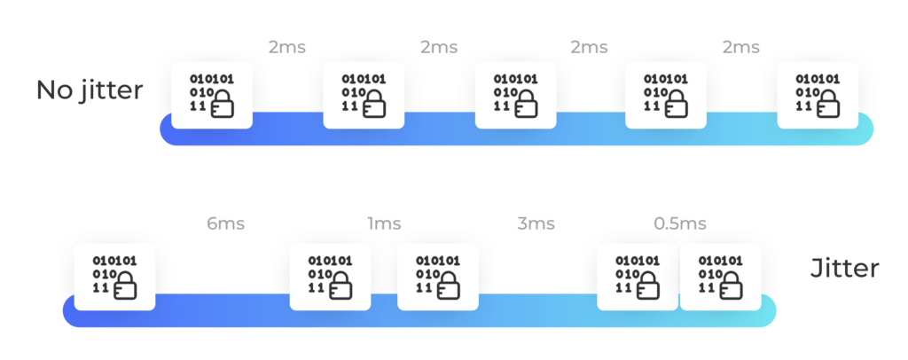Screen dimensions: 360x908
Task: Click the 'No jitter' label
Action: click(x=90, y=90)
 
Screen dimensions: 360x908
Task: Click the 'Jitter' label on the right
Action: click(x=844, y=269)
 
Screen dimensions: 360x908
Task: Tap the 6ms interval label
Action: click(x=226, y=224)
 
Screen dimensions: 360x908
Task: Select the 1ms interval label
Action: click(x=384, y=224)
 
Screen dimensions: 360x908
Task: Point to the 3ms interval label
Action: click(x=536, y=224)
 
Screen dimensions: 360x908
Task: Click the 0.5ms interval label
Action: click(x=680, y=224)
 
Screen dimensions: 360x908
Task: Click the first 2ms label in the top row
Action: click(x=286, y=48)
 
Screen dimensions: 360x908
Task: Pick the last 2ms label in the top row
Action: click(x=740, y=48)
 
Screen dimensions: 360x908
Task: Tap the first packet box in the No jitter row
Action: click(x=212, y=95)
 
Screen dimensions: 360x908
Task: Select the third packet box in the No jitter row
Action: click(x=515, y=95)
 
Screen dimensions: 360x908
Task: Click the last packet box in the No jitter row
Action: click(x=818, y=95)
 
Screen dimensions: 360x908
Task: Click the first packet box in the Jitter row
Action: click(x=114, y=277)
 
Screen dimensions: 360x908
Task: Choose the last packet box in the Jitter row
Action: click(x=721, y=277)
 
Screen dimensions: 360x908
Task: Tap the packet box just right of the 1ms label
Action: click(x=438, y=277)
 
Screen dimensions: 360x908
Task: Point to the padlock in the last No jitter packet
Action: click(x=830, y=105)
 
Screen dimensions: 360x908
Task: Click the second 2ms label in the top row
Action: click(x=438, y=48)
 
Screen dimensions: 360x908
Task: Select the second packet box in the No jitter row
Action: click(x=364, y=95)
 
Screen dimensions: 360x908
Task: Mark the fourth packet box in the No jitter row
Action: click(x=666, y=95)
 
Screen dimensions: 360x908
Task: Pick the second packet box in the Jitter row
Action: click(x=330, y=277)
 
